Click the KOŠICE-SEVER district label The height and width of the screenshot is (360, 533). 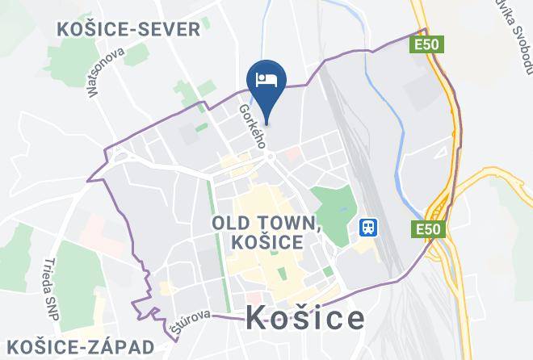(x=129, y=31)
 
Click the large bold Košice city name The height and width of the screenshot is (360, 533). (x=304, y=318)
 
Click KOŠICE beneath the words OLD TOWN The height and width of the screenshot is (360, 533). (x=266, y=242)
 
